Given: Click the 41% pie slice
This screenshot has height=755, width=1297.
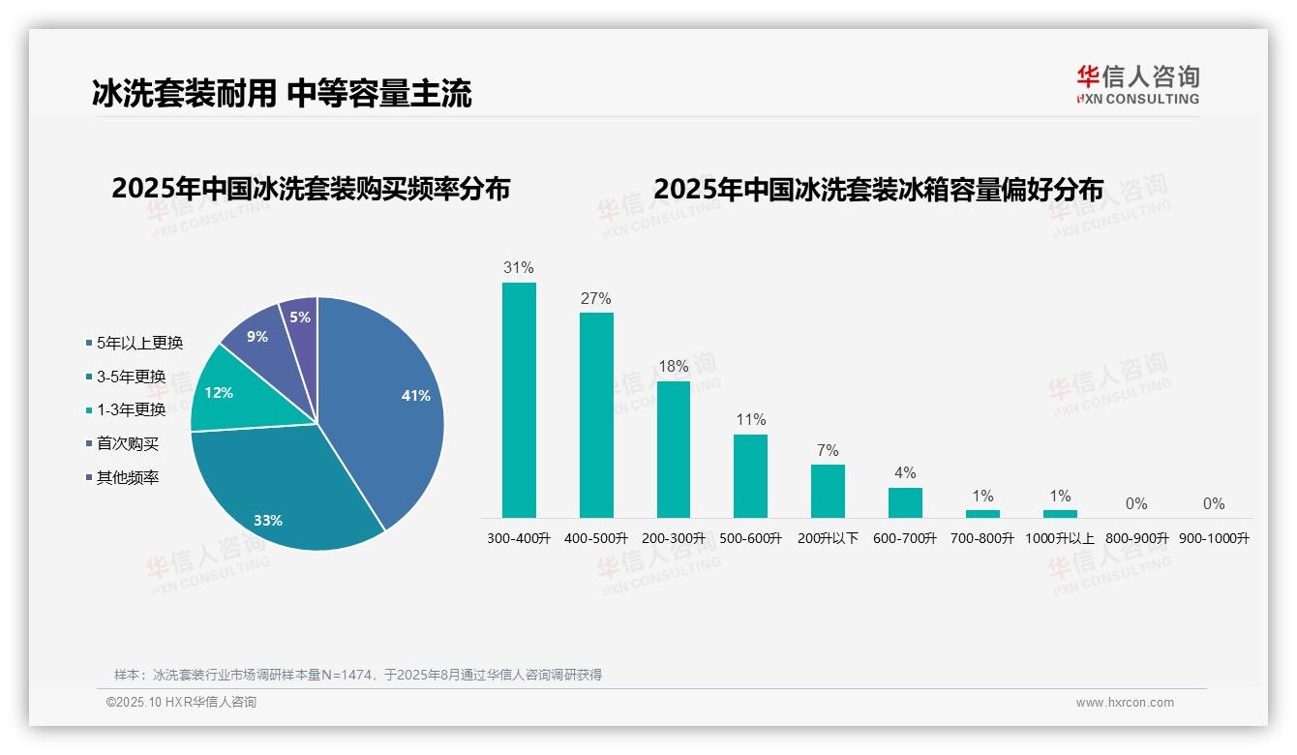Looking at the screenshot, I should (387, 407).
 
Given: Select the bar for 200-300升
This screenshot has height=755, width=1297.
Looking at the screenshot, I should (674, 449).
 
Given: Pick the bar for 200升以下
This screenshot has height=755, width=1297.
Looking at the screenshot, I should (828, 491).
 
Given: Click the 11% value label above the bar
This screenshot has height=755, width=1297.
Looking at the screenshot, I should (751, 419).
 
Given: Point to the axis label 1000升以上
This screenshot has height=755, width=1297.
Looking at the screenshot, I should (1060, 538).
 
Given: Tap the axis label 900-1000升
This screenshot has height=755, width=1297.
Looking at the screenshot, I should (1214, 538).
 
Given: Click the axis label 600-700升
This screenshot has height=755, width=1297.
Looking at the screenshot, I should (905, 538).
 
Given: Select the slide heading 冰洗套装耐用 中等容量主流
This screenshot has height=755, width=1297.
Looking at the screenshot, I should (282, 93).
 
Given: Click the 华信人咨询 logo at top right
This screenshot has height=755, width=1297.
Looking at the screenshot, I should (1137, 84).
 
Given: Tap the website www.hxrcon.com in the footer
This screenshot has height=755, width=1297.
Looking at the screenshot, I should (1125, 703).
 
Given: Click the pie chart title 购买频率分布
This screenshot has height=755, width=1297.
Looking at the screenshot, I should (311, 188).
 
